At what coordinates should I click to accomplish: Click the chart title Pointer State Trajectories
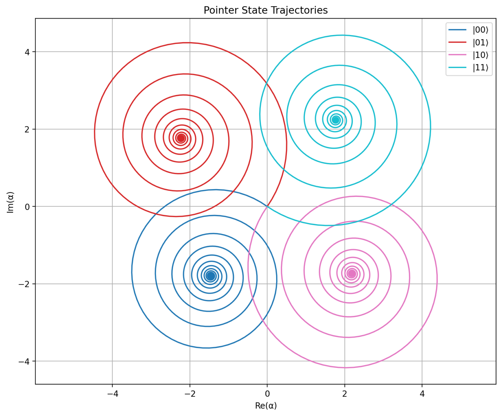(x=265, y=10)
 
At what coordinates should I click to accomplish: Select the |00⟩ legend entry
(x=480, y=30)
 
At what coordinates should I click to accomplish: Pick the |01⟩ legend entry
(x=480, y=43)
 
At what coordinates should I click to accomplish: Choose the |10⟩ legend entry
(x=480, y=55)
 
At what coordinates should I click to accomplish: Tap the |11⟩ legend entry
(x=480, y=68)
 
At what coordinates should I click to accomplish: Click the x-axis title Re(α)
(x=266, y=406)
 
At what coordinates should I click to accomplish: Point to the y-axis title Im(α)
(x=10, y=202)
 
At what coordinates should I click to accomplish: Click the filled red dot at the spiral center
(x=181, y=138)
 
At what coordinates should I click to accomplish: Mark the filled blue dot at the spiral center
(x=210, y=276)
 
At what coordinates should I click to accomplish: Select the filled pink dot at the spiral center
(x=352, y=273)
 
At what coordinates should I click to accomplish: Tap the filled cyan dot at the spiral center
(x=336, y=120)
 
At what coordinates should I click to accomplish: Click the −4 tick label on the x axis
(x=112, y=394)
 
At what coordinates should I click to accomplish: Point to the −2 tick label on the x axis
(x=190, y=394)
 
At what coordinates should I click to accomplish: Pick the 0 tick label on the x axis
(x=267, y=394)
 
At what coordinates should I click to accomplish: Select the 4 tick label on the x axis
(x=422, y=394)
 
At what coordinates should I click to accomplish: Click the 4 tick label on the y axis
(x=28, y=52)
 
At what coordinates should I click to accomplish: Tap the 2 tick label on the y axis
(x=28, y=129)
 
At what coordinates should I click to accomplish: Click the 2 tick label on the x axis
(x=345, y=394)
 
